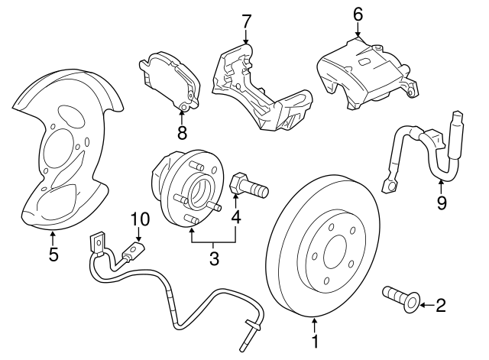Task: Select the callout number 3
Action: [214, 259]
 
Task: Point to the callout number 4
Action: [236, 218]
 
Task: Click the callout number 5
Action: [53, 255]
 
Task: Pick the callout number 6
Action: [358, 14]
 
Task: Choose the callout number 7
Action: [245, 20]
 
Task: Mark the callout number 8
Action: [182, 133]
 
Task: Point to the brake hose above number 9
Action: [424, 149]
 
